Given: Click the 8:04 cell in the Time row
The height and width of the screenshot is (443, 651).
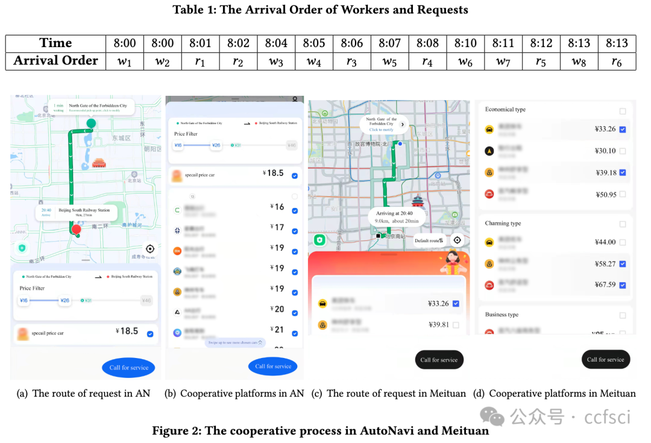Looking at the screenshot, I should [x=276, y=43].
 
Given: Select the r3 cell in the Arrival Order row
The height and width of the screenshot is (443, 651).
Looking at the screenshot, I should [x=352, y=61].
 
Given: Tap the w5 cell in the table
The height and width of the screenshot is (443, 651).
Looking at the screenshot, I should [x=390, y=61].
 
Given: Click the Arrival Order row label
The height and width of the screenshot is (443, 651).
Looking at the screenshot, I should [x=55, y=61].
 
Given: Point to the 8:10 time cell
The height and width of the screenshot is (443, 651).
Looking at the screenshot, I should [x=465, y=43].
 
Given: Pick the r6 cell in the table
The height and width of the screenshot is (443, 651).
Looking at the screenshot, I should [x=617, y=61].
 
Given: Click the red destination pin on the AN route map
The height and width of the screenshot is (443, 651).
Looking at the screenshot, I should [x=76, y=230].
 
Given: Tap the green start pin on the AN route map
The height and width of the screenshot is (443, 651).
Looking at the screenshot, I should [x=90, y=124].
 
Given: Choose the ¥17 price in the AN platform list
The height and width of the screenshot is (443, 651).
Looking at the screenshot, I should [x=277, y=227].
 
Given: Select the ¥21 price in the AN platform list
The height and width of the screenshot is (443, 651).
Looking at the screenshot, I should [x=277, y=330].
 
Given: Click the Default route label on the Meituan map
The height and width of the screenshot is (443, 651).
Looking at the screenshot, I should [x=429, y=240].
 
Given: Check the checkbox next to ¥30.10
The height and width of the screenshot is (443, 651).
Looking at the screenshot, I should [x=622, y=151].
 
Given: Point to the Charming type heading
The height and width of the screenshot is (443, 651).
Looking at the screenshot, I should [x=503, y=224].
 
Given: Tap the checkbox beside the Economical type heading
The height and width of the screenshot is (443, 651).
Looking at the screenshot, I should [x=623, y=111].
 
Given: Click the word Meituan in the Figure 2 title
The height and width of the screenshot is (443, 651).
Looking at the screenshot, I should [x=464, y=431].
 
